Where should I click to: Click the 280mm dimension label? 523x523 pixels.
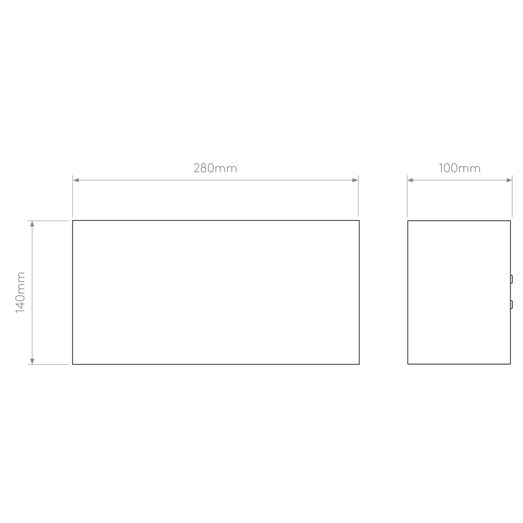coord(215,168)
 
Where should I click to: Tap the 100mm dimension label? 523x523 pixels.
coord(459,168)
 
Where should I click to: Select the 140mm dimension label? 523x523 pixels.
coord(20,292)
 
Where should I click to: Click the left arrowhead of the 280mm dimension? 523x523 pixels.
coord(76,180)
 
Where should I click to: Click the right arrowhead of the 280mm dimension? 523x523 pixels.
coord(355,180)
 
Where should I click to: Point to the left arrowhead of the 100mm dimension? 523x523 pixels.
coord(410,180)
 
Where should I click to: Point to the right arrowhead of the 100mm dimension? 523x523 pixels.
coord(509,180)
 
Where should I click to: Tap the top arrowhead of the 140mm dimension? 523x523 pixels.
coord(32,224)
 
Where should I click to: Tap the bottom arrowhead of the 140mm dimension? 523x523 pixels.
coord(32,361)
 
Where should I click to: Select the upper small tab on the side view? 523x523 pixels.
coord(511,279)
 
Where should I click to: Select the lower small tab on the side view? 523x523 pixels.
coord(511,304)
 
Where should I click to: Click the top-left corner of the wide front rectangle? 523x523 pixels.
coord(73,221)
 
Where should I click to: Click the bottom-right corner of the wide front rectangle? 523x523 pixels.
coord(359,364)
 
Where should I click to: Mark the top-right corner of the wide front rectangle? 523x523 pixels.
coord(359,221)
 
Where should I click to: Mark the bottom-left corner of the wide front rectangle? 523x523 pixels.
coord(73,364)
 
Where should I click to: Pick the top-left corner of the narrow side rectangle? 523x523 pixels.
coord(408,221)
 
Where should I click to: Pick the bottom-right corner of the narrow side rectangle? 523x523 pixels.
coord(510,364)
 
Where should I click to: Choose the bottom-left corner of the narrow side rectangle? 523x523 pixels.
coord(408,364)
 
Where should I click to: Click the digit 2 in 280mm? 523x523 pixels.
coord(197,168)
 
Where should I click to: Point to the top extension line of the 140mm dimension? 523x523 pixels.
coord(48,221)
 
